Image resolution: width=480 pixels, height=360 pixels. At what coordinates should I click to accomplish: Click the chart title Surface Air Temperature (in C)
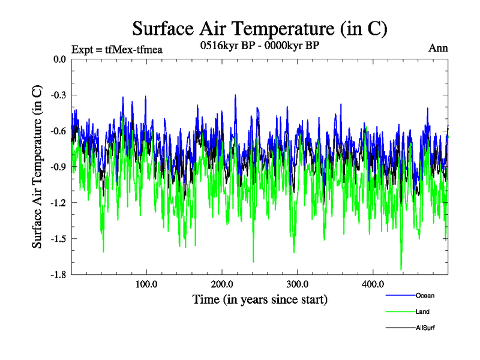click(x=259, y=29)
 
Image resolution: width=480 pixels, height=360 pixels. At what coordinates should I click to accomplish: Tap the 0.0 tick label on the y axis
click(x=59, y=59)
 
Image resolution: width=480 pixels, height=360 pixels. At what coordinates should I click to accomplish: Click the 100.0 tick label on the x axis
click(x=146, y=284)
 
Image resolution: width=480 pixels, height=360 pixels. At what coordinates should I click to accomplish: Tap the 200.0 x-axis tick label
click(x=222, y=284)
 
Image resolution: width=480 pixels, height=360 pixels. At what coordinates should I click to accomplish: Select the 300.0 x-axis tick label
click(x=298, y=284)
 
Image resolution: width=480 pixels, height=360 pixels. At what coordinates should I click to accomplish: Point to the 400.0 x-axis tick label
click(x=373, y=284)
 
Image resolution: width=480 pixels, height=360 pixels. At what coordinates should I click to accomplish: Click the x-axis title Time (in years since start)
click(x=260, y=299)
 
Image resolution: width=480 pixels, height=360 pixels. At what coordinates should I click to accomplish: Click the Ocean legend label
click(x=425, y=295)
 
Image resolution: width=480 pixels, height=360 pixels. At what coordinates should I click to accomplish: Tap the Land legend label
click(x=422, y=312)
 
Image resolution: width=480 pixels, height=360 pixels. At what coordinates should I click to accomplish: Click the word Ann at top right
click(x=438, y=49)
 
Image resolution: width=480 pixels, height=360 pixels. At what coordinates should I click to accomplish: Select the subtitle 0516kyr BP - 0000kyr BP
click(x=259, y=46)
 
